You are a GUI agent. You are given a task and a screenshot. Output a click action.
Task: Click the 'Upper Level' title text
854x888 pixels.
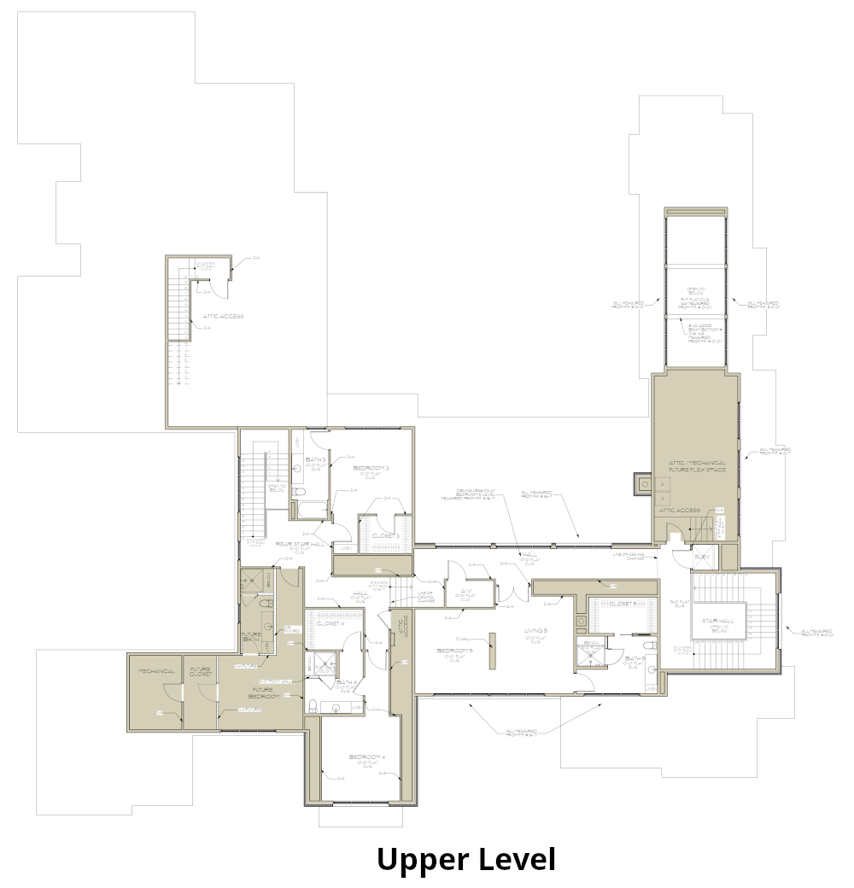coord(465,859)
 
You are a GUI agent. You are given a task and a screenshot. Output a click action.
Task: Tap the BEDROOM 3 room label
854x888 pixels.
coord(371,469)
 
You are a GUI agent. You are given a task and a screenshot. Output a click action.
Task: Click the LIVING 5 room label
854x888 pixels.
coord(535,633)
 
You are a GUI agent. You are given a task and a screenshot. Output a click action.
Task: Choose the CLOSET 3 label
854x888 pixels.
coord(386,535)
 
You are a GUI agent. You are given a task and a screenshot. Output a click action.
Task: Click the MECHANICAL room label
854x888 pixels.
coord(156,672)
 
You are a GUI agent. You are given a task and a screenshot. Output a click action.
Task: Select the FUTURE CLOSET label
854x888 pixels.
coord(201,672)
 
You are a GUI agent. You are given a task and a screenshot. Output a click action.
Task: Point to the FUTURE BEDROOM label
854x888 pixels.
coord(260,692)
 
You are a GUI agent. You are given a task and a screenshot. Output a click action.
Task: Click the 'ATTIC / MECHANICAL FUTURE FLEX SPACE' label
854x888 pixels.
coord(697,467)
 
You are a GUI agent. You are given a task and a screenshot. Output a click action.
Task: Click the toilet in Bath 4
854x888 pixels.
coord(313,705)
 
